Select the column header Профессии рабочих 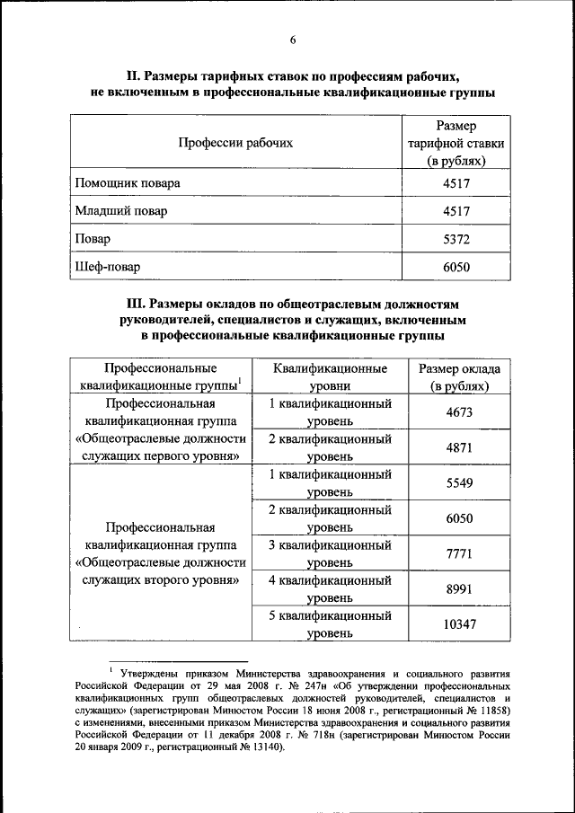235,142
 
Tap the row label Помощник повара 128,182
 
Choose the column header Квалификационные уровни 331,377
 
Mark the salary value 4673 459,412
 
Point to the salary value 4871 459,447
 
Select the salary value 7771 459,553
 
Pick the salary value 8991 459,588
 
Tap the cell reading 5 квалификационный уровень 331,624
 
